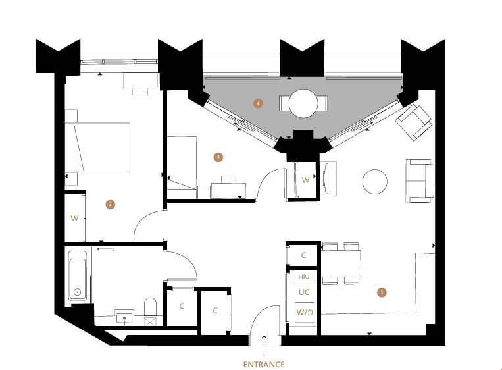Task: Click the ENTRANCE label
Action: [x=264, y=365]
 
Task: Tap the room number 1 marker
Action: [x=382, y=292]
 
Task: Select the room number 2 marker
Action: [x=111, y=204]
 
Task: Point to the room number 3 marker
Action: [x=218, y=157]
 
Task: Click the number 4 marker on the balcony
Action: [x=258, y=103]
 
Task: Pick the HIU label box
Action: [x=304, y=277]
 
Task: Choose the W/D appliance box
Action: [x=305, y=312]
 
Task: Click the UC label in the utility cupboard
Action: [x=304, y=292]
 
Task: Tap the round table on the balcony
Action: [x=303, y=103]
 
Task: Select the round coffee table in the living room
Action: [x=375, y=182]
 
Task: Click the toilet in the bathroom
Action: [x=150, y=307]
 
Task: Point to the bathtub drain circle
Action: [x=77, y=292]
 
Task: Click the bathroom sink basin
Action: [x=124, y=318]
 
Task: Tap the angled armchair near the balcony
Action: [x=413, y=122]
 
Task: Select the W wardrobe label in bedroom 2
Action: [x=74, y=219]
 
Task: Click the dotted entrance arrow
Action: [x=264, y=346]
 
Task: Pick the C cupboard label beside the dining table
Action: [x=303, y=255]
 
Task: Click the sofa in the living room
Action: [x=420, y=181]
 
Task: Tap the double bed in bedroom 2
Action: [x=97, y=147]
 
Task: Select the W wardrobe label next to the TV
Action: [x=305, y=180]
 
